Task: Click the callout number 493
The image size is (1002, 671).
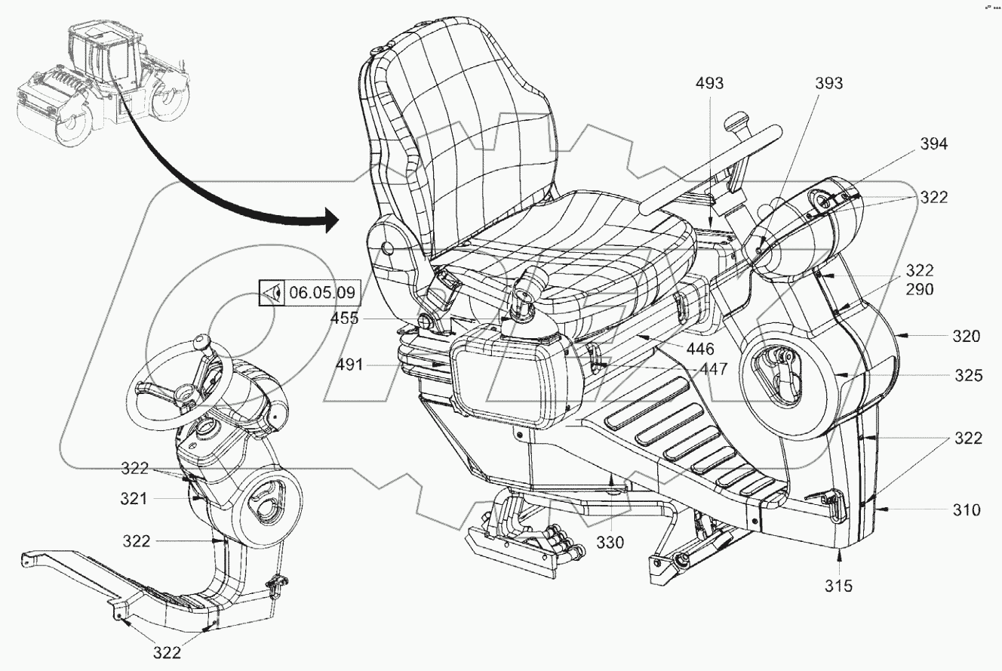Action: (710, 84)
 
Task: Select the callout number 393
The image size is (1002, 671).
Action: (828, 84)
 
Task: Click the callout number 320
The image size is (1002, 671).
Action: (966, 337)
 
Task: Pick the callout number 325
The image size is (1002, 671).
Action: (967, 374)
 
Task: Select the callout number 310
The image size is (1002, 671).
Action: (965, 510)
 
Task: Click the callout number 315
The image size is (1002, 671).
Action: (838, 585)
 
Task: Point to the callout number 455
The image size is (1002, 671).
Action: (344, 319)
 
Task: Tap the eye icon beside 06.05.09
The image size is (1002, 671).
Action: (274, 292)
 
